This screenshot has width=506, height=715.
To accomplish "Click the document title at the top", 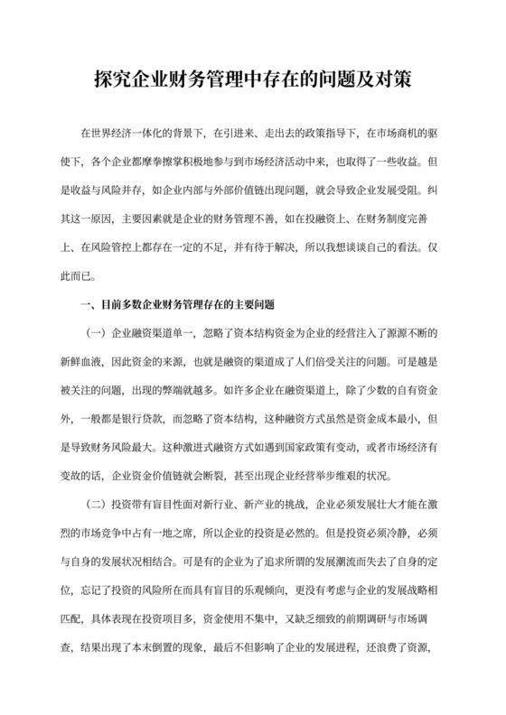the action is pos(253,79).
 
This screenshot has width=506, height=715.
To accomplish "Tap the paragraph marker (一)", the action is pos(93,335).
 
